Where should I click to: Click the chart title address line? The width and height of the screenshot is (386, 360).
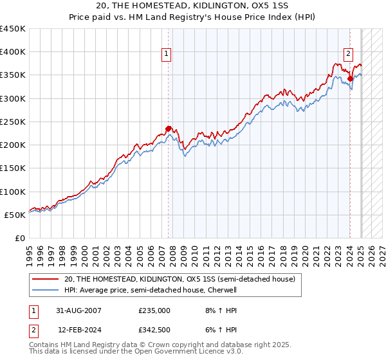(192, 7)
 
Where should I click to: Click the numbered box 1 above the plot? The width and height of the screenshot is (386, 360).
(167, 54)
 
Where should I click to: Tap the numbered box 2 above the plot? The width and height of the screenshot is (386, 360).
(348, 54)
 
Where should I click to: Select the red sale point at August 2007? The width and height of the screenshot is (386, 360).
(169, 129)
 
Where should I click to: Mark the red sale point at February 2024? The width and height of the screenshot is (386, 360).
(350, 79)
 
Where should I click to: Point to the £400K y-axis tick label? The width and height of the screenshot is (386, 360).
(13, 52)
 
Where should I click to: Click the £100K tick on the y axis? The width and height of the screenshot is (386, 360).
(13, 192)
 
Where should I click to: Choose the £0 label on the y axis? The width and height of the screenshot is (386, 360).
(19, 238)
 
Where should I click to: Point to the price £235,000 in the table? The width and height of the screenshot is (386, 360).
(154, 310)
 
